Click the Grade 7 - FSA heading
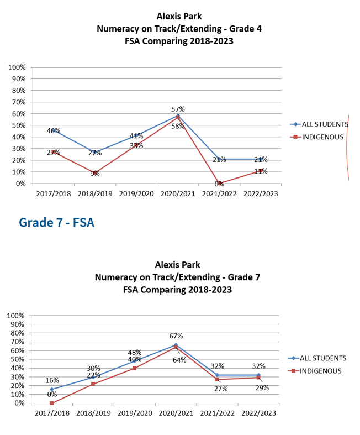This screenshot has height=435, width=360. [56, 222]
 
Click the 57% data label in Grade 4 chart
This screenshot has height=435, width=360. [178, 109]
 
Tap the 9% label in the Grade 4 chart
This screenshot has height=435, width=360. [95, 174]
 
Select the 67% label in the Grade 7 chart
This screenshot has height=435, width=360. [176, 336]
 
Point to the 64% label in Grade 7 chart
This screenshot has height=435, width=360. [179, 360]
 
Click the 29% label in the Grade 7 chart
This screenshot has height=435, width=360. [262, 388]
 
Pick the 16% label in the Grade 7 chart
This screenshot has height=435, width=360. [52, 380]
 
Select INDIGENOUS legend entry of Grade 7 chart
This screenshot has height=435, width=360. [321, 371]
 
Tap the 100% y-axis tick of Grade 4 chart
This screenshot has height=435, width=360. [17, 67]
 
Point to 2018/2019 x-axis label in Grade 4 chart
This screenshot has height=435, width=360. [94, 194]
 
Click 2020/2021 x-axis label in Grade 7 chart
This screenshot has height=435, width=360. [176, 413]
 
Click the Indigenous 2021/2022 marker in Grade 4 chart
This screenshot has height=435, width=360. [219, 184]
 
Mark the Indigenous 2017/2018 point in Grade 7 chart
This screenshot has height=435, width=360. [52, 403]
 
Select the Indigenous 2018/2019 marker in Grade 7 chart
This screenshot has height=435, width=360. [93, 384]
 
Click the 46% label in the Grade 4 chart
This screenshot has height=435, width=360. [54, 131]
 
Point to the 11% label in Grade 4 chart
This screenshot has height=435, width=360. [261, 171]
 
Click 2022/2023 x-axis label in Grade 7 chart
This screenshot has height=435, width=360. [258, 413]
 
